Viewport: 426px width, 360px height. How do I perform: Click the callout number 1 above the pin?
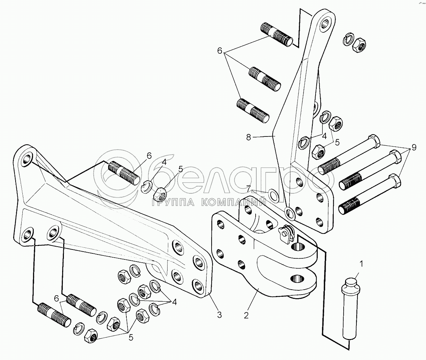tap(361, 264)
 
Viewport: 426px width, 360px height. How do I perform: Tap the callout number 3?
tap(219, 315)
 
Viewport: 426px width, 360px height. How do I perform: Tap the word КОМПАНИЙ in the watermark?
tap(235, 203)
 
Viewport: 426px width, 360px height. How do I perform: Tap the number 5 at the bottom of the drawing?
tap(131, 338)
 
